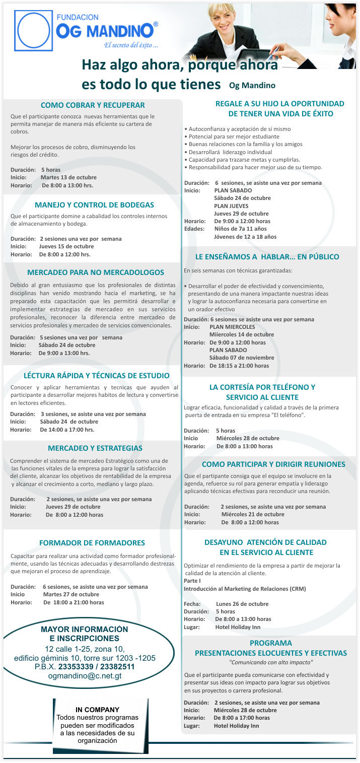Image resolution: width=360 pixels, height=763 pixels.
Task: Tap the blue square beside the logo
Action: tap(33, 30)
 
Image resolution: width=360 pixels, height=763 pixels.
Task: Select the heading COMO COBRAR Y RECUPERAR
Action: tap(93, 105)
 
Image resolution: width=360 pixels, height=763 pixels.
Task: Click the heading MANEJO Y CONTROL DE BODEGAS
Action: tap(94, 205)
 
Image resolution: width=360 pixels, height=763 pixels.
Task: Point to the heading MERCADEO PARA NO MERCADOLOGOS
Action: tap(96, 272)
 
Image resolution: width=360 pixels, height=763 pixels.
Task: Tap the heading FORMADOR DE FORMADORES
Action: tap(92, 543)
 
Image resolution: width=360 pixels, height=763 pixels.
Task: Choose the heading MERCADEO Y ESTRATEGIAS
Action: tap(95, 448)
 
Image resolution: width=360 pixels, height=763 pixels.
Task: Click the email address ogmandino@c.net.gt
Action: tap(85, 676)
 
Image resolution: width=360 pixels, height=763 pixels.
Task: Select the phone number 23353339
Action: tap(77, 667)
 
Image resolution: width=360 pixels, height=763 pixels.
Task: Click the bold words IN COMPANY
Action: tap(98, 710)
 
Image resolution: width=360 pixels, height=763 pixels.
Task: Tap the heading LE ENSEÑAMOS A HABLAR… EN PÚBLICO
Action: tap(267, 257)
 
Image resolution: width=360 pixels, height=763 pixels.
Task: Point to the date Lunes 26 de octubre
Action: tap(242, 604)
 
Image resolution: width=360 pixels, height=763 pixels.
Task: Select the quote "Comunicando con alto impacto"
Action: tap(271, 662)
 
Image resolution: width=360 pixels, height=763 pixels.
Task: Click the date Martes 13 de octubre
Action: tap(68, 177)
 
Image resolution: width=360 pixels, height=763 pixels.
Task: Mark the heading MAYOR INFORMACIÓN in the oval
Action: tap(85, 630)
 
